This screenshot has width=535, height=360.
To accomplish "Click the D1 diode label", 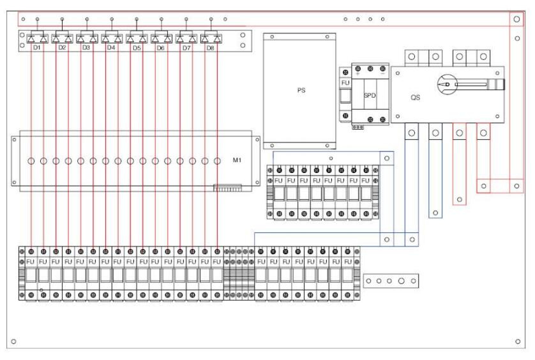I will [36, 48].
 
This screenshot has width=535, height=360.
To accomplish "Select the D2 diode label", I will [62, 48].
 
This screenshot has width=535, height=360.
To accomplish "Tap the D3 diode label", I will [86, 48].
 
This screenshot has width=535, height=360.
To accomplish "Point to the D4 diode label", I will [111, 48].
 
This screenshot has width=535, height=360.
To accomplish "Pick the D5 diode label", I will [135, 48].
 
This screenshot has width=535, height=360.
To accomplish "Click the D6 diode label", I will [160, 48].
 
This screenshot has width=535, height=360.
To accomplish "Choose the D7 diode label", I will [186, 48].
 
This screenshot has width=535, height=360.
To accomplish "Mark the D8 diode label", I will [210, 48].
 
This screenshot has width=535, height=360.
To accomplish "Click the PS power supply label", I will [302, 91].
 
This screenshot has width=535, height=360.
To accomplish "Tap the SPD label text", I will [369, 95].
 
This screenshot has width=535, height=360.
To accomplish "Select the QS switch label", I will [415, 98].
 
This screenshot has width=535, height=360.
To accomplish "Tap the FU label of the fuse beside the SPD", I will [345, 82].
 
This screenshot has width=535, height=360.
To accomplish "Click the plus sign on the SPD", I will [358, 73].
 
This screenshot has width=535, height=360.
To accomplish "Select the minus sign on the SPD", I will [382, 73].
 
